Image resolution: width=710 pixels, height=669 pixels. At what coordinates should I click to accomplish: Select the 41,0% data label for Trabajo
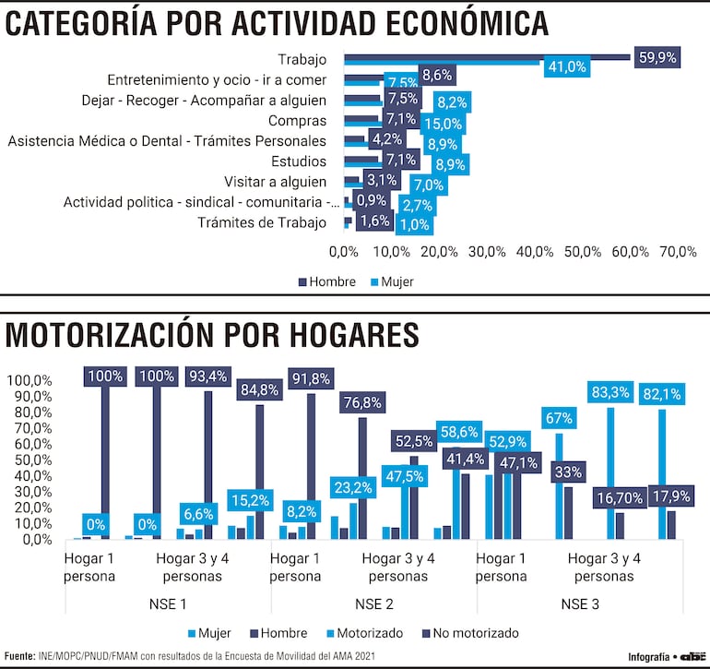point(567,66)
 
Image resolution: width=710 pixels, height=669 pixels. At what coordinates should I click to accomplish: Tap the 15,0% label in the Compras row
point(444,124)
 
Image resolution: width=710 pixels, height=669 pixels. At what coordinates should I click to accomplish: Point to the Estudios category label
point(298,161)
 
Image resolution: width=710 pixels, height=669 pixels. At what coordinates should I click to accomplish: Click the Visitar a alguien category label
point(276,182)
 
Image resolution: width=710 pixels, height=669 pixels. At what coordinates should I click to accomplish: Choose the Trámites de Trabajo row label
point(263,222)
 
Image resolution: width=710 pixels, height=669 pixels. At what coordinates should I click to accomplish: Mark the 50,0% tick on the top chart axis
point(583,252)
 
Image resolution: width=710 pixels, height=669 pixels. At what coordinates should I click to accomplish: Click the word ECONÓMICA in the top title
point(443,23)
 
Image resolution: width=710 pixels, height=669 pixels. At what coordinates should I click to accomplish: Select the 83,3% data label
point(610,392)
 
